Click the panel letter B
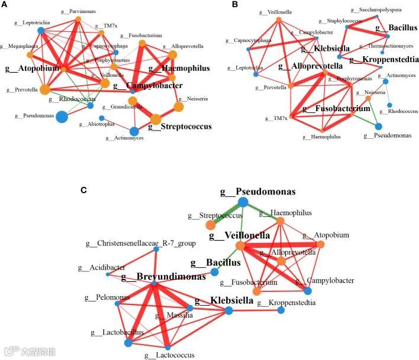[219, 5]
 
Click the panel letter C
[84, 190]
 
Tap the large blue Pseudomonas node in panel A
[62, 116]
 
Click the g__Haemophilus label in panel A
[179, 69]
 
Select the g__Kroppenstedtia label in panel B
[384, 59]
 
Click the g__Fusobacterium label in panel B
[336, 108]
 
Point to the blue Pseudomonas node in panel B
[378, 126]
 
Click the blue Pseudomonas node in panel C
[243, 202]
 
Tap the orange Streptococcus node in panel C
[210, 225]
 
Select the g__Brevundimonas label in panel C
[163, 276]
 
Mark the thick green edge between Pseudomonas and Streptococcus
[227, 213]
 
